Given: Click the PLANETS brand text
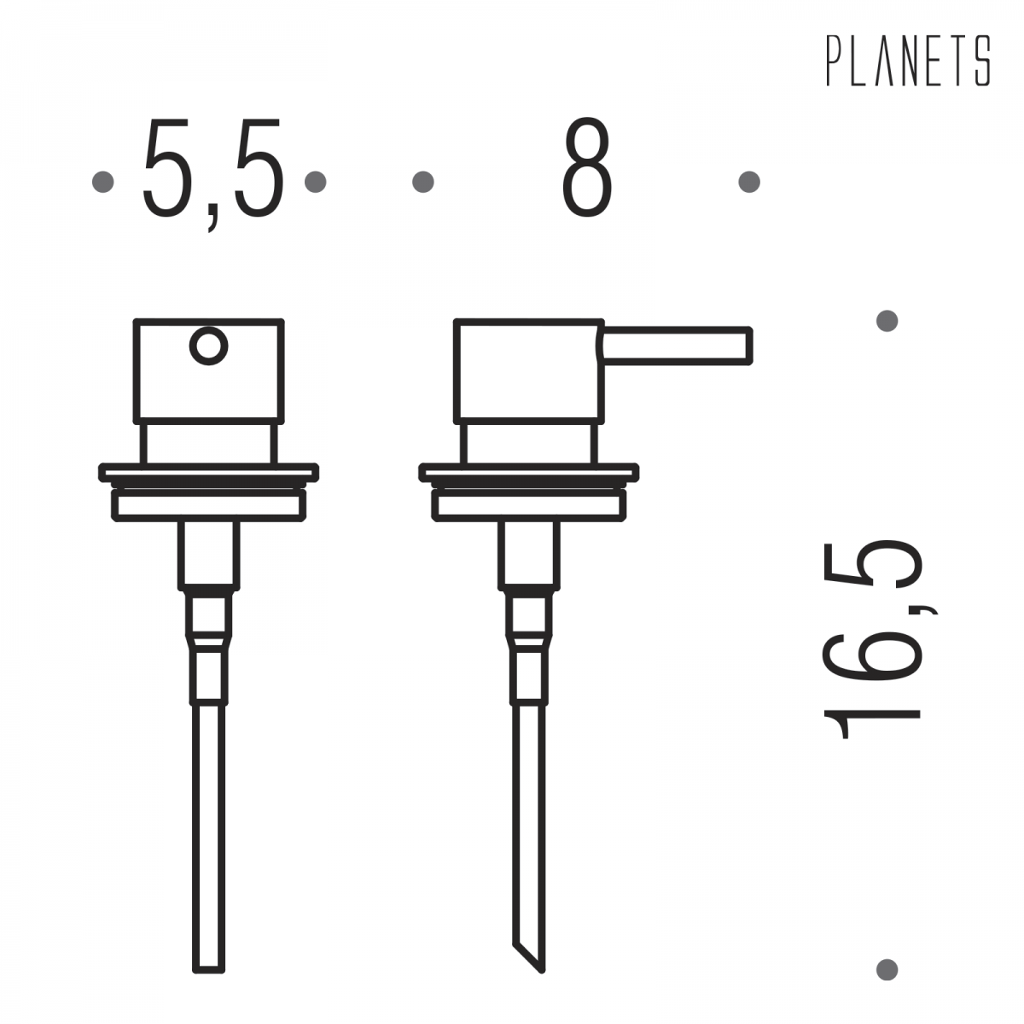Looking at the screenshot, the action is tap(908, 61).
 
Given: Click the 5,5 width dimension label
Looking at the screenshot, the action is tap(212, 174).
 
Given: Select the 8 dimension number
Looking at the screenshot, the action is tap(587, 167).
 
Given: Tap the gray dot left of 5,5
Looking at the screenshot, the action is tap(103, 181).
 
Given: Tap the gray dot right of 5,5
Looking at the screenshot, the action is tap(315, 181).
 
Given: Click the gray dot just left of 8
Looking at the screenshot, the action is tap(423, 181).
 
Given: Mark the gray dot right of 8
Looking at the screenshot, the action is tap(749, 181).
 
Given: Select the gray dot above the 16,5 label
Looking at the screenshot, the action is tap(887, 321).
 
